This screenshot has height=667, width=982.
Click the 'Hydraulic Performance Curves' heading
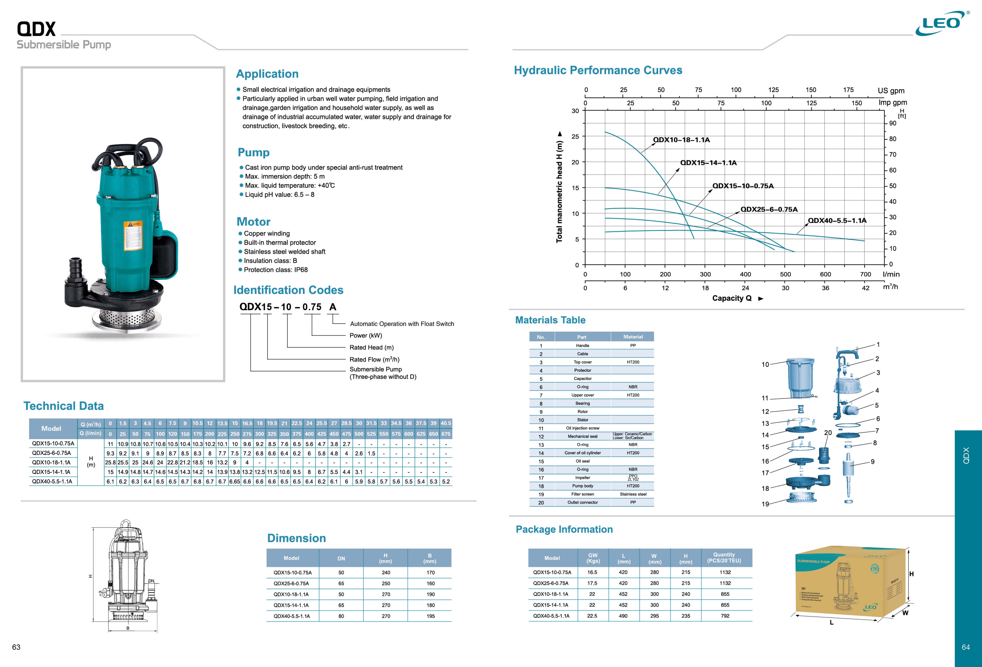click(x=598, y=70)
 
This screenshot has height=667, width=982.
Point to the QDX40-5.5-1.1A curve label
click(x=837, y=220)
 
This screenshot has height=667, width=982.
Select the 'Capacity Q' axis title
click(x=732, y=298)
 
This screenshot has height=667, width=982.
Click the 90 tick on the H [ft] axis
click(x=892, y=123)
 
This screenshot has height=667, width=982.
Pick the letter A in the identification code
click(x=333, y=307)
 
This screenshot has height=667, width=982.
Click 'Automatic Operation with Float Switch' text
click(x=402, y=324)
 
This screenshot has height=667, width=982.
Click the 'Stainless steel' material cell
click(x=633, y=494)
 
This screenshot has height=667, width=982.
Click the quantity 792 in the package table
click(x=725, y=616)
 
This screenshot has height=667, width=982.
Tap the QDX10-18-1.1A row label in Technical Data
click(x=51, y=462)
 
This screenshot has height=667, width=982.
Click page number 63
click(x=16, y=647)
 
